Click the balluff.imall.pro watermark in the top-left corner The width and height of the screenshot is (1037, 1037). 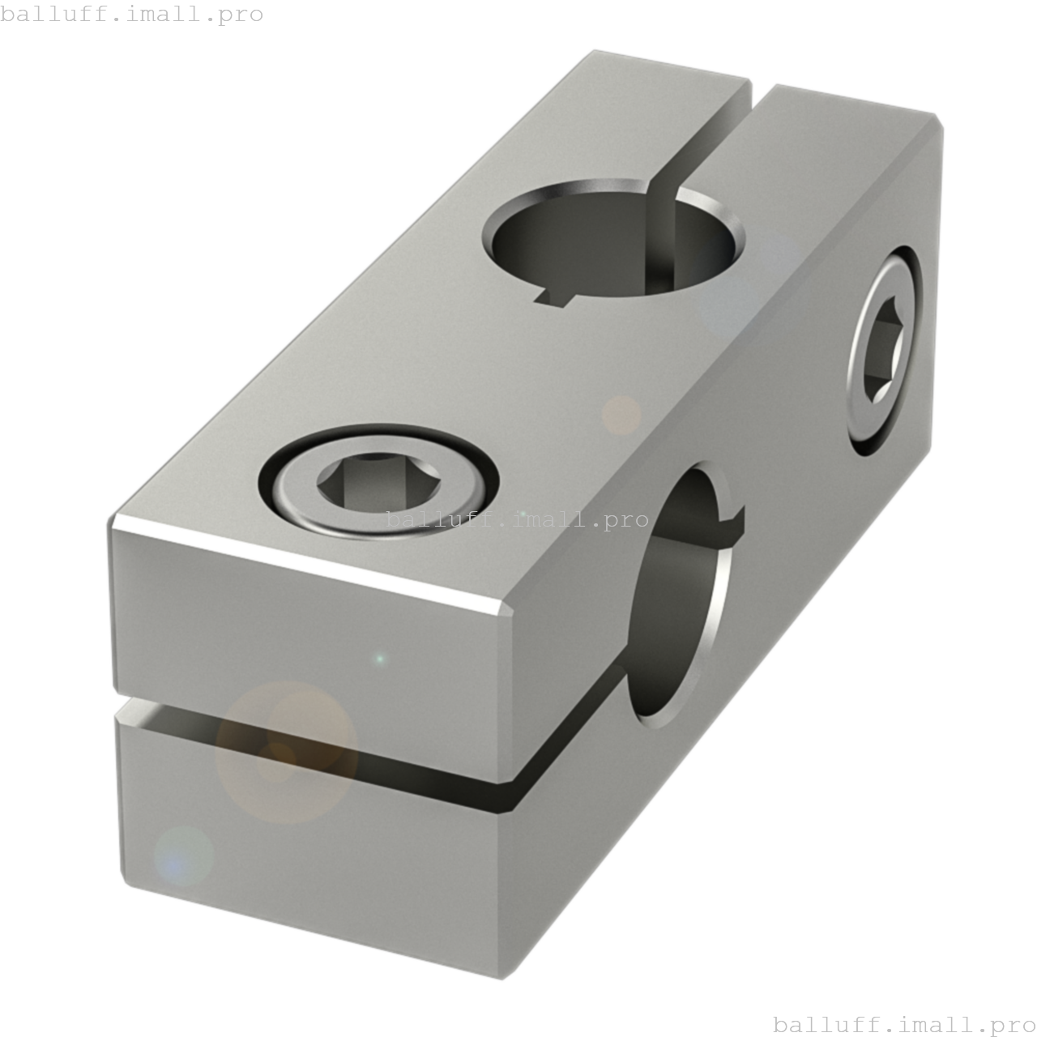point(131,14)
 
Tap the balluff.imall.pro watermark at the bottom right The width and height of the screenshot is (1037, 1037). point(904,1024)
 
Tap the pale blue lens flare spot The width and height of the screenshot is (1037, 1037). point(184,855)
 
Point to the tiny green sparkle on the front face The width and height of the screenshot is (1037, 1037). point(379,659)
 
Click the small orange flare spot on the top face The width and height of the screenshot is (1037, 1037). point(621,415)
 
